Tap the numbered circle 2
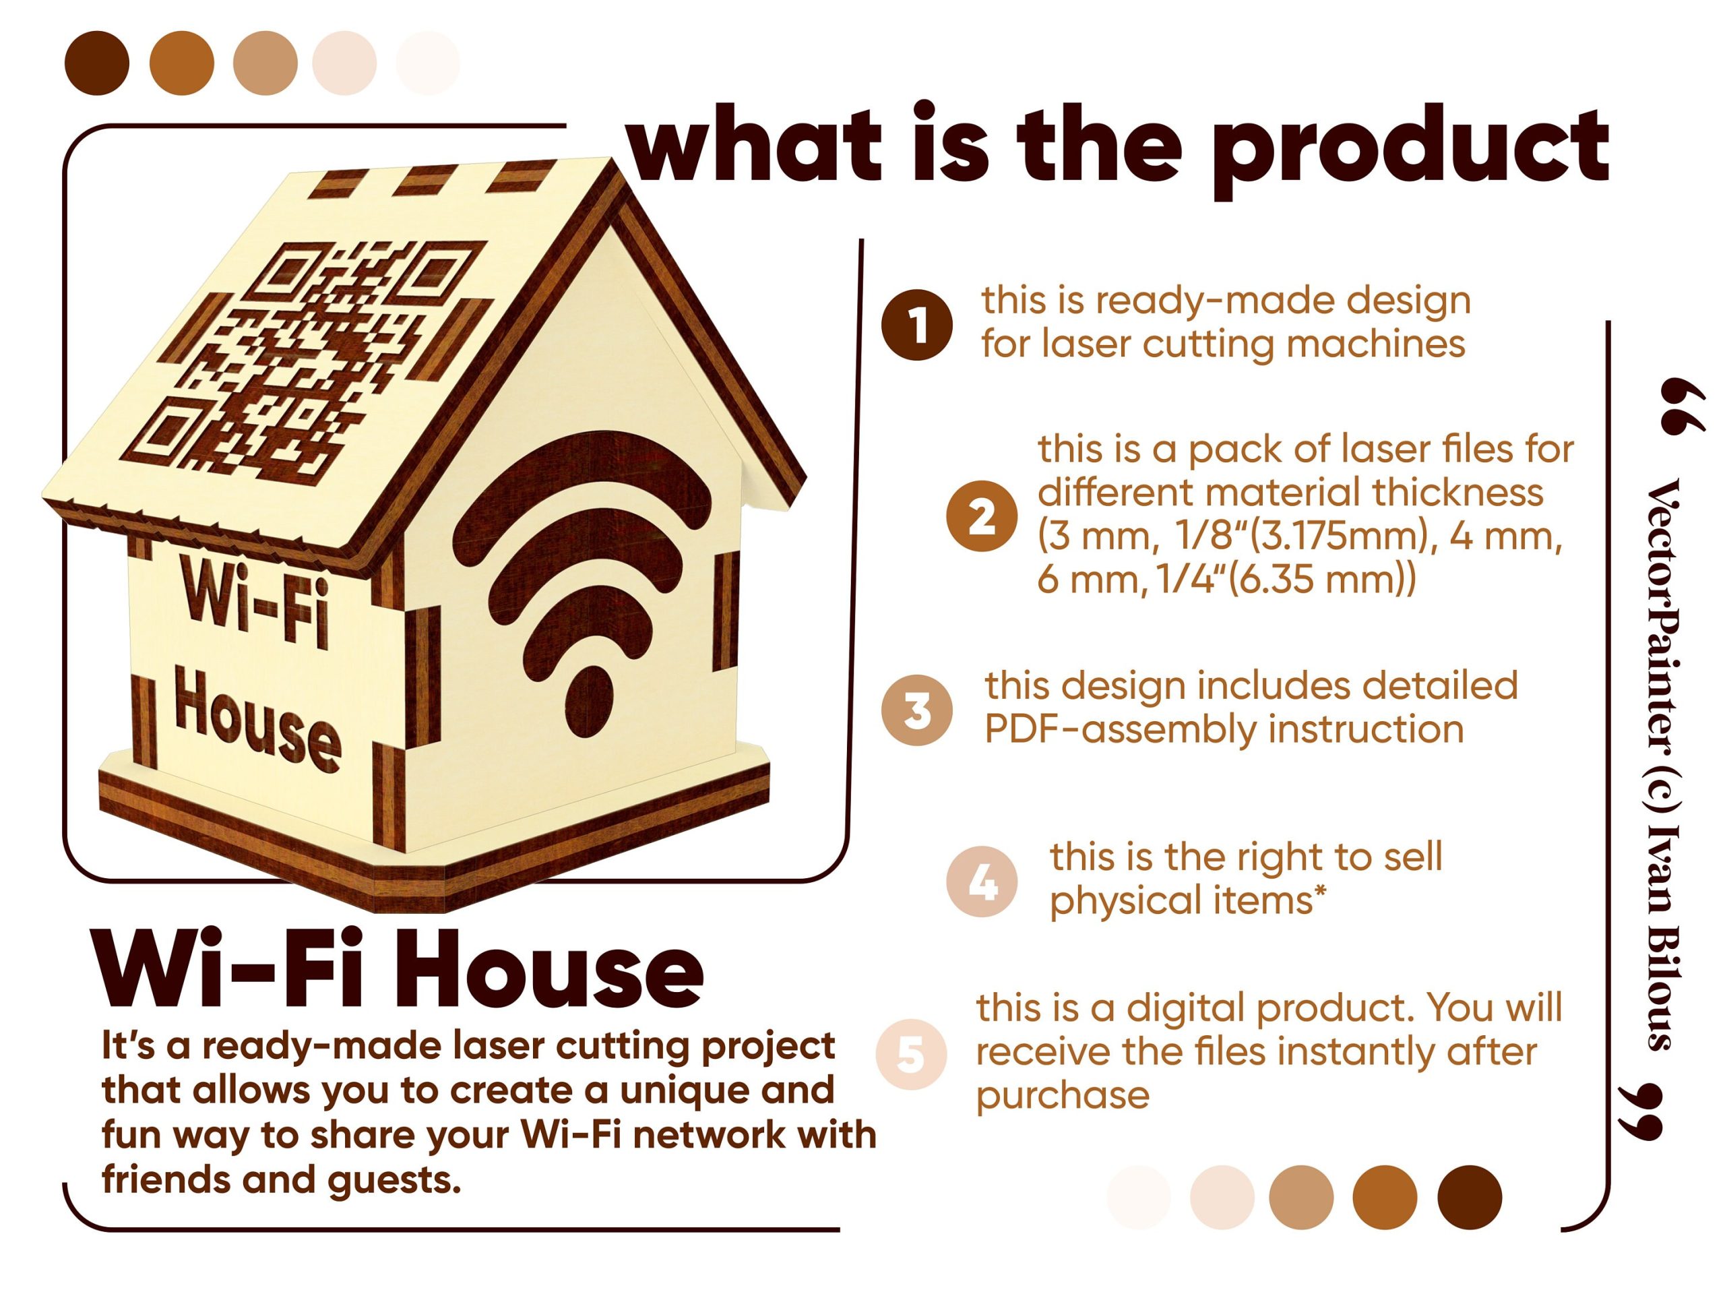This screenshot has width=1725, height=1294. tap(982, 516)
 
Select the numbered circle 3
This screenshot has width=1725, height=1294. tap(917, 710)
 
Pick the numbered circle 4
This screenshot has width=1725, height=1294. tap(982, 882)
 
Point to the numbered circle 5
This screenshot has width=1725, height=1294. tap(912, 1055)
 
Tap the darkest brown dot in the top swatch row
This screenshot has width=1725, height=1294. tap(97, 63)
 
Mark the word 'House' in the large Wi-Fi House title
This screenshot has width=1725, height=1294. tap(551, 971)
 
